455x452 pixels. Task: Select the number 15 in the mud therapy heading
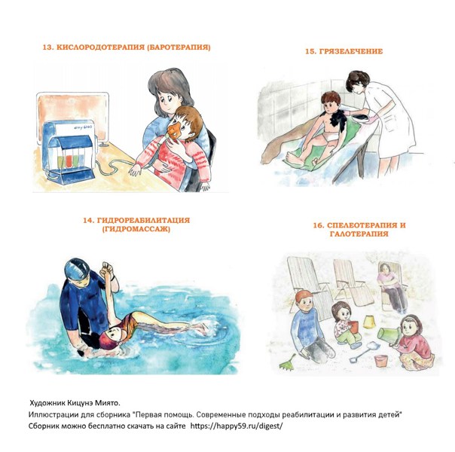(310, 51)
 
